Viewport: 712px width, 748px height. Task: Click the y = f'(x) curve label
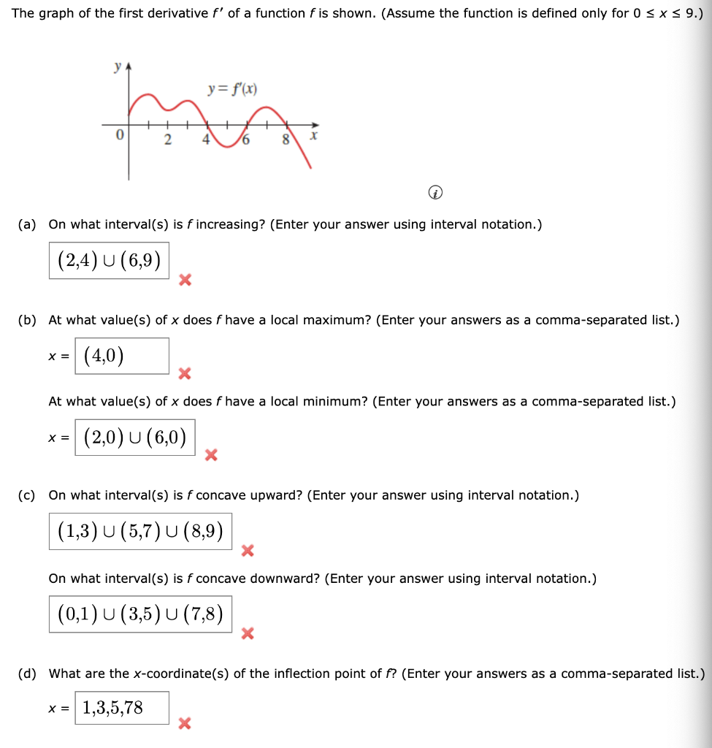[x=231, y=90]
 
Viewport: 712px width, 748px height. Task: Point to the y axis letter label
[x=117, y=66]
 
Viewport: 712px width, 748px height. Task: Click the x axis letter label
[x=313, y=137]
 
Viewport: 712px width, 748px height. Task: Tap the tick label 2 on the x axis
[x=167, y=140]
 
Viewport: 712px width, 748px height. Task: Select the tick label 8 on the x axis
[x=287, y=140]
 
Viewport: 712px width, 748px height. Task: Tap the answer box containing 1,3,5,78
[x=122, y=708]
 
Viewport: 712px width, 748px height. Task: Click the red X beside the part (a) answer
[x=185, y=279]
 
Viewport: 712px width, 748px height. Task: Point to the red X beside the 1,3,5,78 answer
[x=185, y=724]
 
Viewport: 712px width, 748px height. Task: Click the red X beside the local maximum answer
[x=185, y=374]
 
